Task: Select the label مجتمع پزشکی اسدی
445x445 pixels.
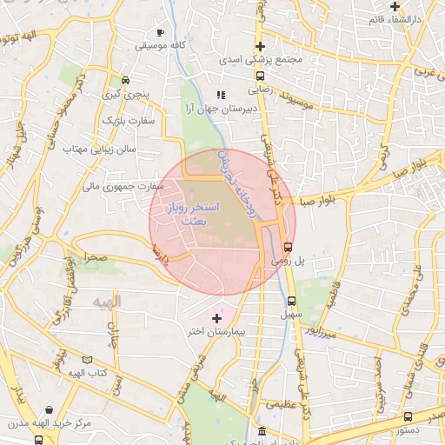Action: click(x=260, y=60)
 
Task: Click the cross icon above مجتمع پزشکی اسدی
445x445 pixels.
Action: click(x=260, y=46)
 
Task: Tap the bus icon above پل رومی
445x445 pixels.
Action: click(x=289, y=247)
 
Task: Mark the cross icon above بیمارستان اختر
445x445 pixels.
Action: click(x=216, y=319)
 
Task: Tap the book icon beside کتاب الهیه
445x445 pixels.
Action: click(x=85, y=359)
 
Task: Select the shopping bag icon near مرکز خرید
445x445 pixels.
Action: click(x=50, y=409)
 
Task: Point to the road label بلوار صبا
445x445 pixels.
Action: click(x=319, y=201)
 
